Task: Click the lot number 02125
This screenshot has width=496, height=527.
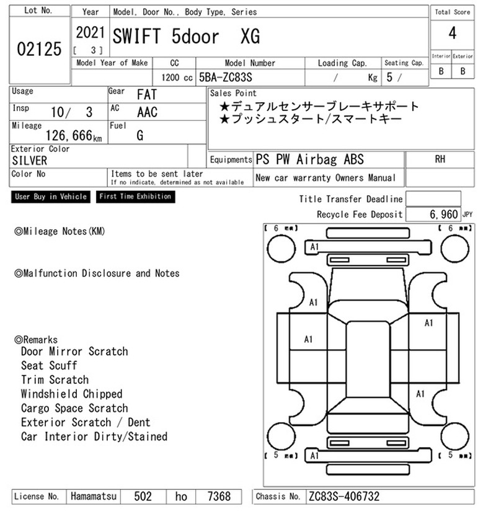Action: click(39, 49)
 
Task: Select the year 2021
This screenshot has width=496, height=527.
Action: click(91, 33)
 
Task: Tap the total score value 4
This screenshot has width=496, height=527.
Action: click(453, 33)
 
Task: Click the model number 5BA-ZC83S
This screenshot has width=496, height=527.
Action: click(226, 77)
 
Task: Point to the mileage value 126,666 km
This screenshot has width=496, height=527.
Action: click(74, 135)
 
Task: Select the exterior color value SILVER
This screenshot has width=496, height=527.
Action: click(30, 161)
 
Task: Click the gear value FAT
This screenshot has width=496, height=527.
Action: click(147, 94)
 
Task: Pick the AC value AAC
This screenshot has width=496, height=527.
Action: click(147, 112)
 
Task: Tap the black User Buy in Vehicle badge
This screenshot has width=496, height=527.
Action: click(51, 197)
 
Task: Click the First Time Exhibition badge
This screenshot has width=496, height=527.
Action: click(135, 197)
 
